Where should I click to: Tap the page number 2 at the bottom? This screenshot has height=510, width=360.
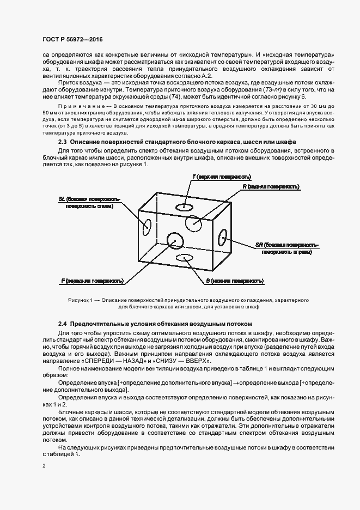[x=45, y=466]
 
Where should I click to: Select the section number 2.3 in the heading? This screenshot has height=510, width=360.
[x=63, y=142]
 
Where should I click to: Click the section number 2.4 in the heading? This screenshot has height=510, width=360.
[x=63, y=323]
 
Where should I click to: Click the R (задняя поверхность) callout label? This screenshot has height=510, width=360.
[x=271, y=187]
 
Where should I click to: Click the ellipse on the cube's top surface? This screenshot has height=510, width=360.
[x=185, y=207]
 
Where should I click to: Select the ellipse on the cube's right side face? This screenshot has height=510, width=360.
[x=222, y=238]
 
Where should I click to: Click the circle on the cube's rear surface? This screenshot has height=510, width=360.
[x=193, y=223]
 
